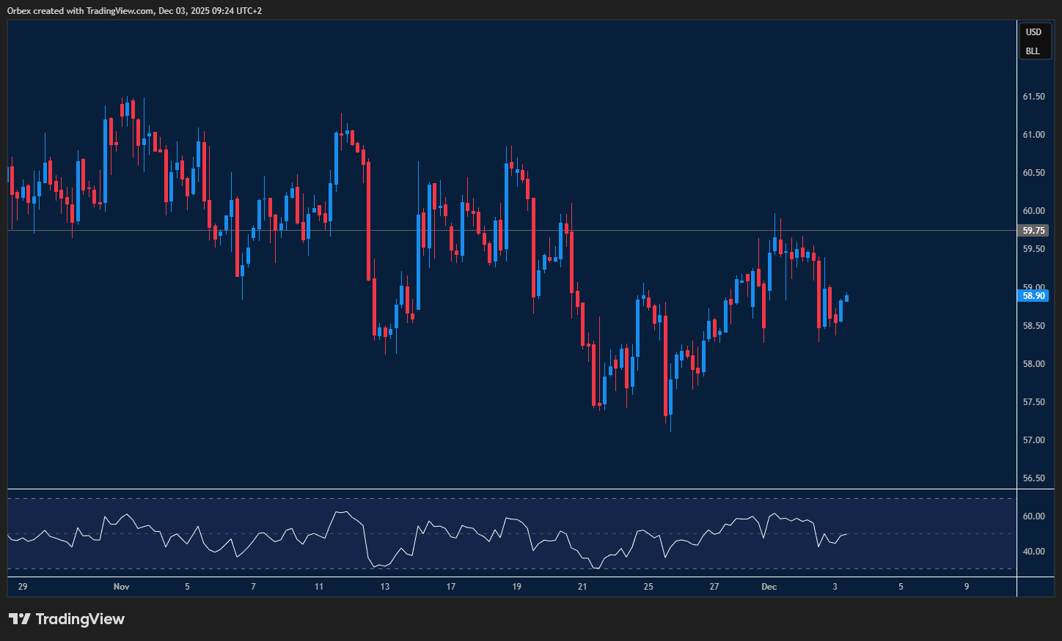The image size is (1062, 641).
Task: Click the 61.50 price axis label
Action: tap(1033, 97)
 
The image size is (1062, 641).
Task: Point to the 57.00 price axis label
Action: tap(1033, 440)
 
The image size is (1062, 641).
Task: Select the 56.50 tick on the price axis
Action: tap(1033, 478)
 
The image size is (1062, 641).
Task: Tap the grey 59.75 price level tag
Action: tap(1033, 231)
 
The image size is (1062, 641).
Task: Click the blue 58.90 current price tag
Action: tap(1033, 296)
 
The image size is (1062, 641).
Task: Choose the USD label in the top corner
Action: tap(1033, 32)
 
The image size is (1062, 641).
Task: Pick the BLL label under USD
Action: tap(1033, 51)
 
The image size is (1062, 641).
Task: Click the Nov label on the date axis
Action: tap(122, 587)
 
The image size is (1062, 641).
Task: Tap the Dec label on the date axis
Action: tap(769, 587)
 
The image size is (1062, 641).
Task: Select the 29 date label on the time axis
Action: tap(23, 587)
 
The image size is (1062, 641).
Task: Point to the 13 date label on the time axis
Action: tap(385, 587)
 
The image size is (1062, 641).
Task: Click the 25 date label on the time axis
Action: tap(648, 587)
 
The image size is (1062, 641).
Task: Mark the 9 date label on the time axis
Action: tap(967, 587)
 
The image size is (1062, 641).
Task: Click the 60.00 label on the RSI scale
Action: tap(1033, 516)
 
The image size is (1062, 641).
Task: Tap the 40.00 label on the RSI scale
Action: tap(1033, 552)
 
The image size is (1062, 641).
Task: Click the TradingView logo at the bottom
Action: tap(67, 619)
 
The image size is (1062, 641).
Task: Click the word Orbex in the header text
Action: tap(19, 11)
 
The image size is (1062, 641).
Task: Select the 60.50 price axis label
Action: tap(1033, 173)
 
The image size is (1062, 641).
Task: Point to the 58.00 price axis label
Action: tap(1033, 364)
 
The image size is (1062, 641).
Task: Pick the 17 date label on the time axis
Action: tap(451, 587)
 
